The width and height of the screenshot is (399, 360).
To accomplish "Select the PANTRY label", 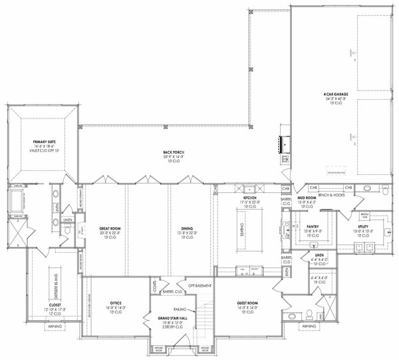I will pos(314,226).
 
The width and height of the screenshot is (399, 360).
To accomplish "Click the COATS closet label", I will pos(154,288).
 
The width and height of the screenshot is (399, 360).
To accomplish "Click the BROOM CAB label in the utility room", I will pos(364,215).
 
